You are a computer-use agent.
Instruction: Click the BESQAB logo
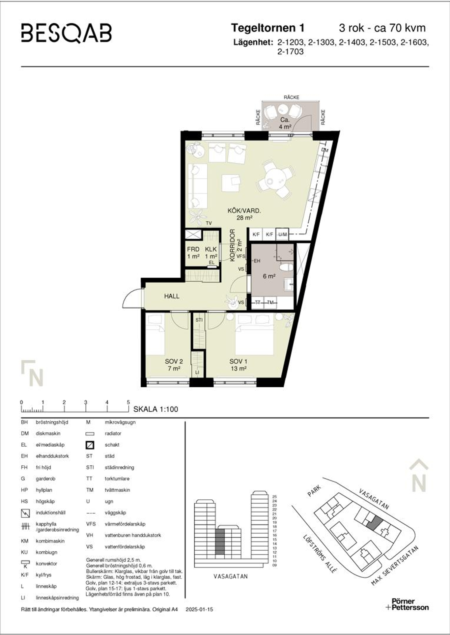click(x=66, y=33)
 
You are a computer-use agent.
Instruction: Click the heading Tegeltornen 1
click(x=267, y=28)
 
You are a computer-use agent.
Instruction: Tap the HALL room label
click(x=172, y=296)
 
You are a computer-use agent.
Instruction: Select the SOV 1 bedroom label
click(x=239, y=362)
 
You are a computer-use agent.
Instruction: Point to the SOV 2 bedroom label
click(x=174, y=362)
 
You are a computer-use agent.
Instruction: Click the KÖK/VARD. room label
click(x=244, y=210)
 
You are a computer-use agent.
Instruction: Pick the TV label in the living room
click(x=209, y=223)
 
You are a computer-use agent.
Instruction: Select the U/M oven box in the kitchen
click(x=282, y=234)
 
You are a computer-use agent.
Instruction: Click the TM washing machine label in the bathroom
click(x=270, y=302)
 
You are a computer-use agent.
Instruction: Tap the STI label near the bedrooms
click(x=199, y=320)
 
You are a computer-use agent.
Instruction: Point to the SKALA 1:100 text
click(x=155, y=409)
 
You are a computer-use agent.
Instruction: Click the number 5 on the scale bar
click(x=128, y=402)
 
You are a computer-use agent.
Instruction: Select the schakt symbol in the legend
click(x=90, y=445)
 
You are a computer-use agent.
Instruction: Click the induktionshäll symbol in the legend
click(x=25, y=513)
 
